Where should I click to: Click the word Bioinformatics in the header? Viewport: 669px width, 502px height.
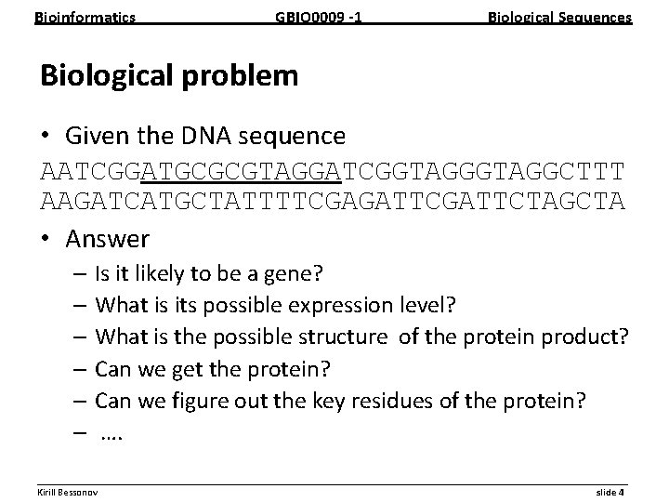point(85,17)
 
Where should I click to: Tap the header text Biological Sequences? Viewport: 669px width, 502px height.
point(560,17)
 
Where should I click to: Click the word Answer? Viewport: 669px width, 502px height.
point(107,239)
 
